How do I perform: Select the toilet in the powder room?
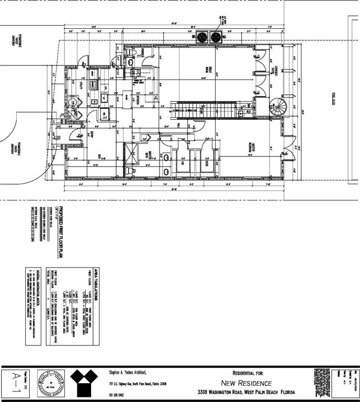130,63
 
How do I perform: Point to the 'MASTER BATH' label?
151,155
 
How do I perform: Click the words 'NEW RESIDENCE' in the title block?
245,383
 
